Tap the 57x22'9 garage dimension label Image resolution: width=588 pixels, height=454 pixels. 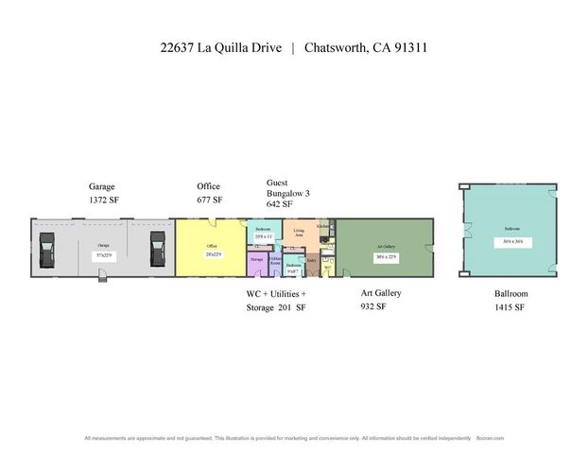click(x=103, y=255)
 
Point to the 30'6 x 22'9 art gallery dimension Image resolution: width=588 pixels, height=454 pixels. click(x=385, y=255)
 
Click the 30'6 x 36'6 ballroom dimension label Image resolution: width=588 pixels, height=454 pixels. click(x=512, y=242)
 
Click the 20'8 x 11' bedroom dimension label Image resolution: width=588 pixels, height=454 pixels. click(x=263, y=236)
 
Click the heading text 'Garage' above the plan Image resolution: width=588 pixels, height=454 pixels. click(x=102, y=187)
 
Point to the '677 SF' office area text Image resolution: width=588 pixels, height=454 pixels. click(x=210, y=201)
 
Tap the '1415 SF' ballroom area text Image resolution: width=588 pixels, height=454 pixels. click(x=510, y=307)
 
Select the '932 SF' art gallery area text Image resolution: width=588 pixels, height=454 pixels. click(x=375, y=307)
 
